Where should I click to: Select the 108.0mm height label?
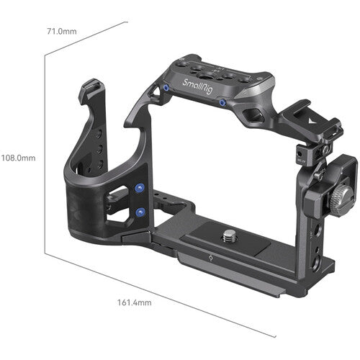[18, 157]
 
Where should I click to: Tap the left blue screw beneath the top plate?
[167, 89]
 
